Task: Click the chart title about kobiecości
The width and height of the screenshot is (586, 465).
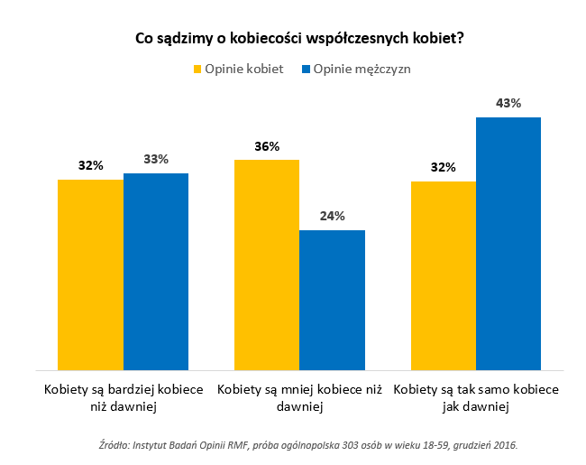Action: point(293,39)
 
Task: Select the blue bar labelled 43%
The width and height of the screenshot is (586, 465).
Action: point(508,244)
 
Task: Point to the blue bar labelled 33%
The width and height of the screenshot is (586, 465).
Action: point(156,271)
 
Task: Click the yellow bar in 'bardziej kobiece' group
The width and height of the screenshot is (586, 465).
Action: point(91,274)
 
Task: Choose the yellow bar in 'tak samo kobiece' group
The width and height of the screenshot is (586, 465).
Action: point(444,275)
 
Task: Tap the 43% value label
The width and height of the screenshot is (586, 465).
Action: point(508,104)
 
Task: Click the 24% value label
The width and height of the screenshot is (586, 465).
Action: point(332,217)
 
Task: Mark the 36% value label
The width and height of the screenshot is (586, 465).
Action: point(267,146)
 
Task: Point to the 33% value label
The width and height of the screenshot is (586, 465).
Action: point(156,160)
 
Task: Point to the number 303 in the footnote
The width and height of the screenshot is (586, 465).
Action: point(335,445)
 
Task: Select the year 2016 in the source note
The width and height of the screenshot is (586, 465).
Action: point(505,445)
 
